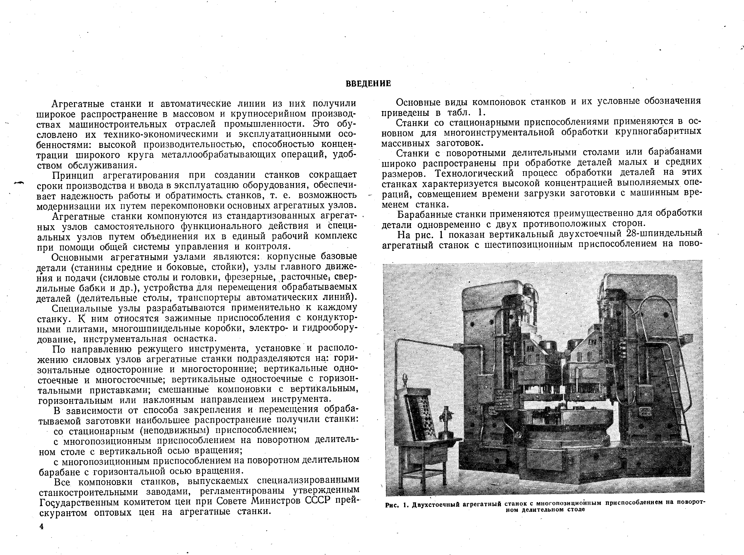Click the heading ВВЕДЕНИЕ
368,83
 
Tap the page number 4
42,527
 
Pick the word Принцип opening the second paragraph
74,175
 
